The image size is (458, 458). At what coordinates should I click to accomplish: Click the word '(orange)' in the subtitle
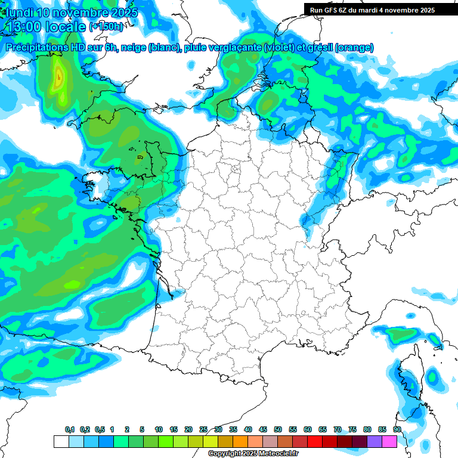[354, 48]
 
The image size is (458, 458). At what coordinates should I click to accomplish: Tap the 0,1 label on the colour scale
[70, 429]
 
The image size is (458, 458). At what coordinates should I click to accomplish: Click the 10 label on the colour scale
[159, 429]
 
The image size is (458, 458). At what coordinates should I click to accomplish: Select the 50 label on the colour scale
[278, 429]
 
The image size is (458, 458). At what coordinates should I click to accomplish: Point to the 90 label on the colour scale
[397, 429]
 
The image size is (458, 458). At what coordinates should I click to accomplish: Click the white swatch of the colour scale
[61, 441]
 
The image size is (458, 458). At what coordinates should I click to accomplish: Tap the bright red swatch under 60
[315, 441]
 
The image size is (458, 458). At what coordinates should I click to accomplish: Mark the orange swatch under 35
[240, 441]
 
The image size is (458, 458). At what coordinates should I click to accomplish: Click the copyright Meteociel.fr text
[253, 453]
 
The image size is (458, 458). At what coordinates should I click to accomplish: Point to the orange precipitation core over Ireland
[58, 78]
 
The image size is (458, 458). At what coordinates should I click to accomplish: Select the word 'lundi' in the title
[18, 13]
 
